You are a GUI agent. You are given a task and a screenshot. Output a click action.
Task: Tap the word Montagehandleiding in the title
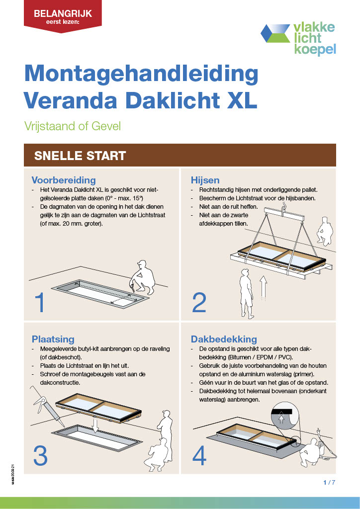click(141, 74)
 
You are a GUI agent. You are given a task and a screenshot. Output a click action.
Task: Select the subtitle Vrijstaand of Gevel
click(72, 126)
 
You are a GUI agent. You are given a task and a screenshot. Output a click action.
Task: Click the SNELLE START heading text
click(80, 156)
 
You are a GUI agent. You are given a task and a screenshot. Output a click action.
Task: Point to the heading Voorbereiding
click(64, 180)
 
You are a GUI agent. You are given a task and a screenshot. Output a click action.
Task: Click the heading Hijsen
click(205, 180)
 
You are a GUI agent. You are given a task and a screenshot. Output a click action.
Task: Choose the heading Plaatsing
click(53, 339)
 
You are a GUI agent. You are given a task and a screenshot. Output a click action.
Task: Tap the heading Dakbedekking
click(223, 339)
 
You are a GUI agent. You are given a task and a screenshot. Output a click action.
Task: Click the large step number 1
click(40, 303)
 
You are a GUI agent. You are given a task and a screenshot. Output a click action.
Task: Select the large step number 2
click(199, 303)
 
